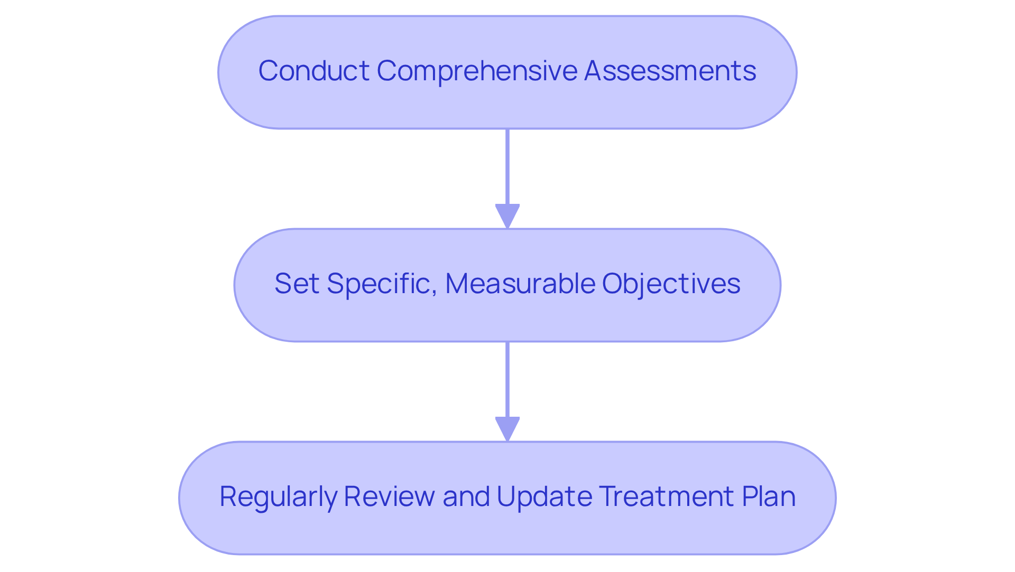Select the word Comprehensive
pos(477,71)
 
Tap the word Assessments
pos(670,71)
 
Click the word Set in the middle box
pos(297,284)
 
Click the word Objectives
pos(671,284)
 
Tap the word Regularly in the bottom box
pos(278,497)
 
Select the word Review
pos(389,497)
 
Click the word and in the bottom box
pos(466,497)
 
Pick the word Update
pos(545,497)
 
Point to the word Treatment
pos(667,497)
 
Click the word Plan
pos(769,497)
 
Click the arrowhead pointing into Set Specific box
pos(508,216)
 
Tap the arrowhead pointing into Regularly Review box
pos(508,429)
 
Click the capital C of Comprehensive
pos(385,71)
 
